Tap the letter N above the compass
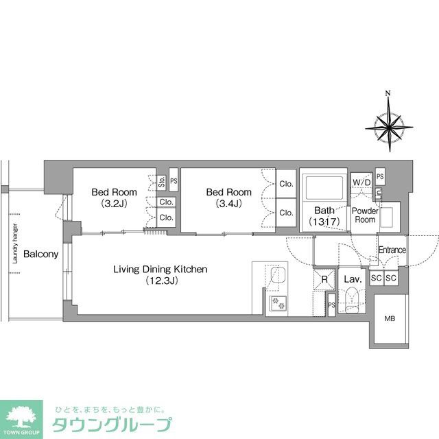click(388, 94)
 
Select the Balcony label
click(40, 254)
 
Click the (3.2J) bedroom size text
click(114, 204)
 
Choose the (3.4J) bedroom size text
click(228, 204)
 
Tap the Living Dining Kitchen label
click(160, 270)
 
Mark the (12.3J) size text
click(161, 281)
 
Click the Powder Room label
click(364, 215)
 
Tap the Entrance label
click(392, 250)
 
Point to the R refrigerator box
click(324, 280)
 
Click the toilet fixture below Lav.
click(351, 300)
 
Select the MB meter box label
click(390, 319)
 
